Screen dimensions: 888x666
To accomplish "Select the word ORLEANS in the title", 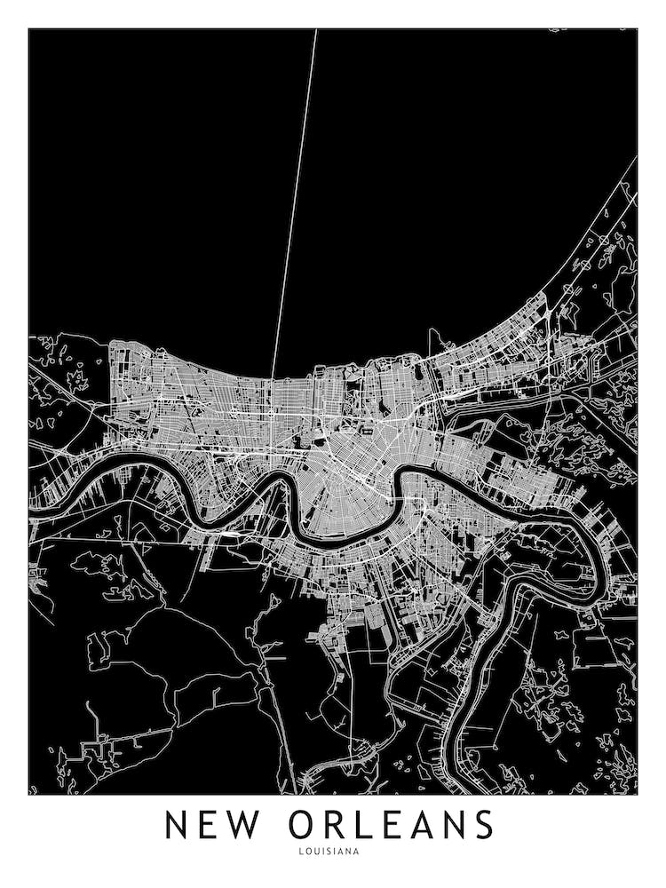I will coord(391,824).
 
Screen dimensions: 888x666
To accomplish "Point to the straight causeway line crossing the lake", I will coord(294,204).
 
